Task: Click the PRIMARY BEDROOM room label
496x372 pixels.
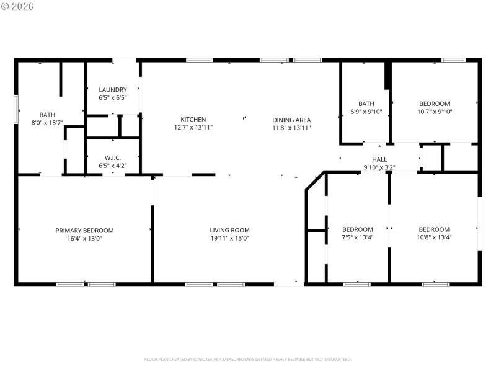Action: pos(84,230)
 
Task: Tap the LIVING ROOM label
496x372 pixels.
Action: pos(229,230)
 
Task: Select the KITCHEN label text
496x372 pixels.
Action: pos(193,120)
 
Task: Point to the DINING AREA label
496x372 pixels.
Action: pos(291,120)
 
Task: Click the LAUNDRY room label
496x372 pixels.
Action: pos(113,90)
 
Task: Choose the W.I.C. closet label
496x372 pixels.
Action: pos(113,157)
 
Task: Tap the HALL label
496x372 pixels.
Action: pos(379,159)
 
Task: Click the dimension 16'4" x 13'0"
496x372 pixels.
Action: pos(84,238)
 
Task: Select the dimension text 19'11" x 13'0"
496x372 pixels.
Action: pos(229,238)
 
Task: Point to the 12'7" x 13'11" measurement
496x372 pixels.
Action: pos(193,128)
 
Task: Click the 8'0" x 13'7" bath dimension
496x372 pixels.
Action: pos(47,123)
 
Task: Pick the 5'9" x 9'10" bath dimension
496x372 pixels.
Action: pos(366,112)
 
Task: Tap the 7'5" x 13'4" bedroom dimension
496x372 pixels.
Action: pos(358,237)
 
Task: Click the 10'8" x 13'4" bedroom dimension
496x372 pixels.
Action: pos(434,237)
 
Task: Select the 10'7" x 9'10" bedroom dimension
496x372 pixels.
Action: pos(435,112)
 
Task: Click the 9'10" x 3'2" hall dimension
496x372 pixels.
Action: pos(379,167)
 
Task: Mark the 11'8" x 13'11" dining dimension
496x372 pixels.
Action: pos(291,128)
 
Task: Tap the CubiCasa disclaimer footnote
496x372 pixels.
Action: pos(248,359)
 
